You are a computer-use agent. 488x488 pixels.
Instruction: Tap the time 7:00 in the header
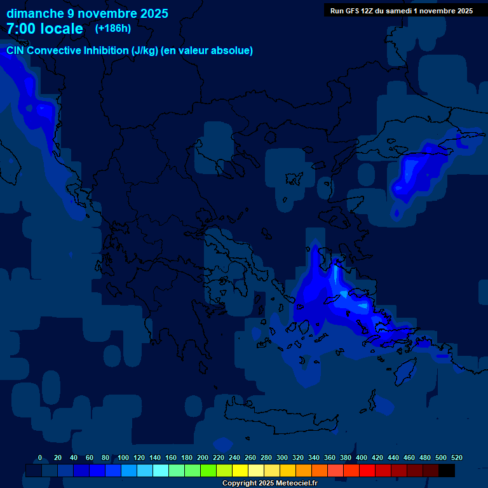(21, 29)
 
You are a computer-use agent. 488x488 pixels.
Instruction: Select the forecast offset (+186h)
(112, 28)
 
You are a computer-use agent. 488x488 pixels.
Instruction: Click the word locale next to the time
(61, 29)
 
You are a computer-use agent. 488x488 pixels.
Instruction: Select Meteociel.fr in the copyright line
(296, 483)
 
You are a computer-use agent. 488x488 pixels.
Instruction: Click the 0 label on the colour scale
(40, 457)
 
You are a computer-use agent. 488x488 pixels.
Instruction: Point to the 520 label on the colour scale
(456, 457)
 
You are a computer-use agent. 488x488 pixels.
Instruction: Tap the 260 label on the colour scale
(250, 457)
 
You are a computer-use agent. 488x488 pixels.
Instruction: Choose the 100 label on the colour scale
(123, 457)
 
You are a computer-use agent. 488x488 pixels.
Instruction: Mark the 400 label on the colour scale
(361, 457)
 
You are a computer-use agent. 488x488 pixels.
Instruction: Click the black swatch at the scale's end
(447, 470)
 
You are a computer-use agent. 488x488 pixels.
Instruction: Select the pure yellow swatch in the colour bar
(240, 470)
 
